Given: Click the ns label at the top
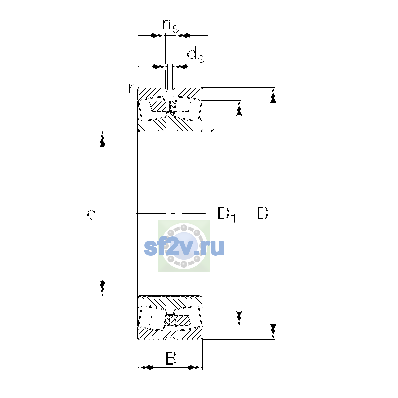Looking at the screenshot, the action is tap(170, 26).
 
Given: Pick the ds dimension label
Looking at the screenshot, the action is tap(195, 55).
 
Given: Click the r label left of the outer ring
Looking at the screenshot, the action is tap(131, 88).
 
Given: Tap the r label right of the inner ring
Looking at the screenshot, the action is tap(213, 133).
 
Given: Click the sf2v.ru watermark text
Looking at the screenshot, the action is tap(184, 247).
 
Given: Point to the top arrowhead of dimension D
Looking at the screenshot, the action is tap(273, 95).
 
